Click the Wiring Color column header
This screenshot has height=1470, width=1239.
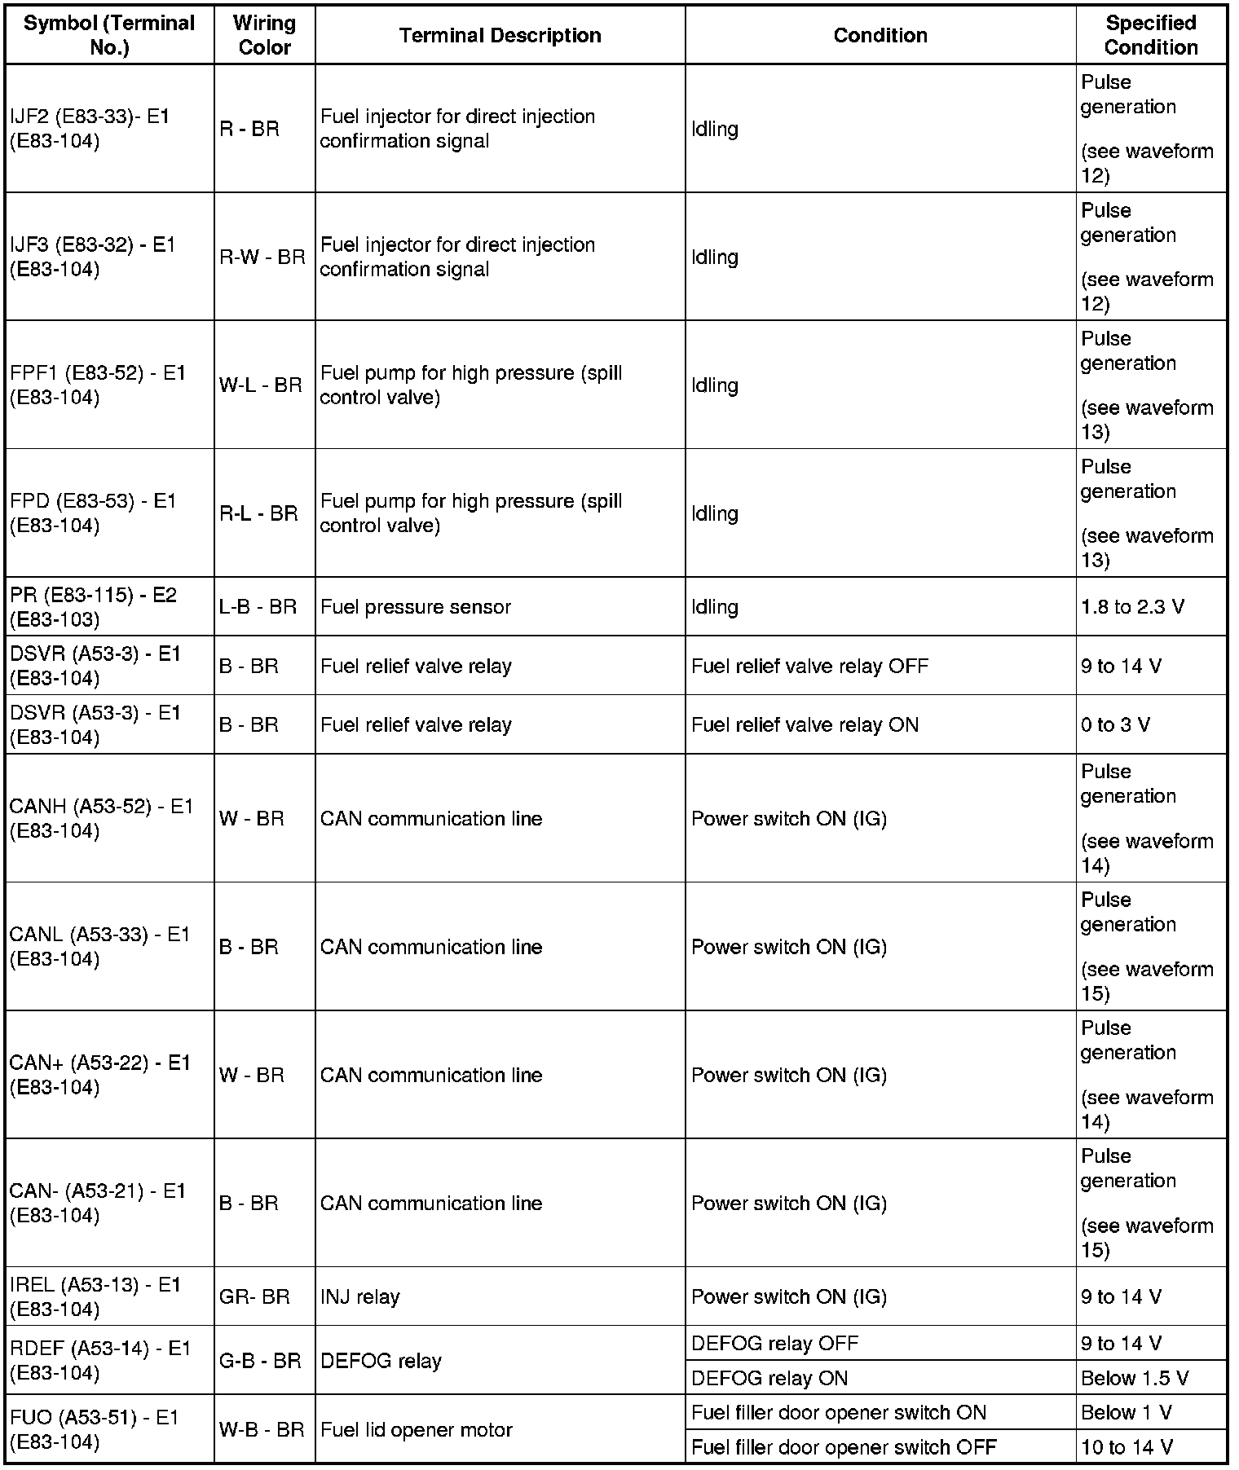264,35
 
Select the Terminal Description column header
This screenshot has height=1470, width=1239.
500,35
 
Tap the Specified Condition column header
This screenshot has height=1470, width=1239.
1150,35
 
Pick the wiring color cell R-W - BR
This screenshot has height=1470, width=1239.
262,257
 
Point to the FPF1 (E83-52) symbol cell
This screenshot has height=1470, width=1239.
98,385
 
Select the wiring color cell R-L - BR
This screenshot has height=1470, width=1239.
258,513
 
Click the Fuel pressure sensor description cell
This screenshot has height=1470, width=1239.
416,607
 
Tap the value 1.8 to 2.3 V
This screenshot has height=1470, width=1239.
1132,607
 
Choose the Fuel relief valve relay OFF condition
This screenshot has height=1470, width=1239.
809,666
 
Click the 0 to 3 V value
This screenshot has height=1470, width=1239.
1115,724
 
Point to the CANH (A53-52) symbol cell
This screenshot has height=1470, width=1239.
101,818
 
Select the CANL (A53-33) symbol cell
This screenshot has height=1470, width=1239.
99,946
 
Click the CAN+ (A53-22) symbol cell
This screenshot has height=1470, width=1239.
99,1075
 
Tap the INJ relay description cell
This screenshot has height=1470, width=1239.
360,1296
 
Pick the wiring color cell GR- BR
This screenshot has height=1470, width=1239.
254,1296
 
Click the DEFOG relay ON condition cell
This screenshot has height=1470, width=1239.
769,1378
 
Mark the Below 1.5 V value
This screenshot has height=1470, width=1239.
1134,1378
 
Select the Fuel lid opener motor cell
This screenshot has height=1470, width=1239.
417,1429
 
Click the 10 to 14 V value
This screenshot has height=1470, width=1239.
1127,1447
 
